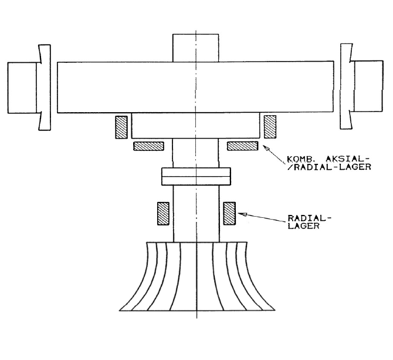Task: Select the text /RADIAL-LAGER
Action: click(x=329, y=167)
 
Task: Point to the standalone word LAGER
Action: click(x=303, y=226)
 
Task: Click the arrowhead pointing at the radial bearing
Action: click(x=242, y=214)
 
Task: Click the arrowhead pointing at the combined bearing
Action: click(x=266, y=148)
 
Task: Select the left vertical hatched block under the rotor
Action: click(x=121, y=127)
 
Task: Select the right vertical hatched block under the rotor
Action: click(x=270, y=127)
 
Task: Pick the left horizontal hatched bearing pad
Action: click(x=148, y=146)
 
